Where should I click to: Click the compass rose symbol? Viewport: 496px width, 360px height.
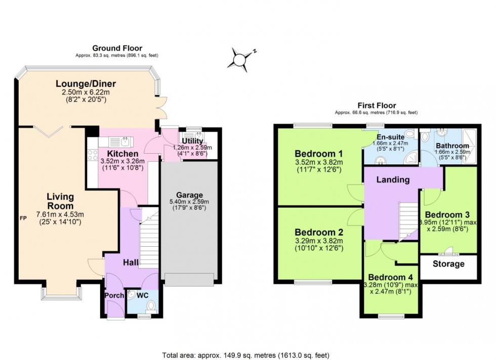point(240,59)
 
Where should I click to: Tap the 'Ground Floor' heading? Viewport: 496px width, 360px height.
point(117,48)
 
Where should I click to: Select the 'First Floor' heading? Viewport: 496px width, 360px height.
point(377,105)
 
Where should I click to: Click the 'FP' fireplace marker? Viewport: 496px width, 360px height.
point(23,218)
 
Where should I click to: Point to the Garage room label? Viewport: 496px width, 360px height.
point(189,195)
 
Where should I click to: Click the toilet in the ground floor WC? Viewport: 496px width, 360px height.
point(151,306)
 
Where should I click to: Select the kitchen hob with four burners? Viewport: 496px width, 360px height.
point(93,155)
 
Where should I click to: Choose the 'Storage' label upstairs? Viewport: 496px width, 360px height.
point(448,264)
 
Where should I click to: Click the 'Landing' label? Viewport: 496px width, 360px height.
point(393,179)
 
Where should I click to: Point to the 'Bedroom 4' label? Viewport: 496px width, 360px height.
point(390,277)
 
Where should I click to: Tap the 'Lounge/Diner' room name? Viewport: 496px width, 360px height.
point(86,84)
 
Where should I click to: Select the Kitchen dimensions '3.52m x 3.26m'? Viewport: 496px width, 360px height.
point(122,161)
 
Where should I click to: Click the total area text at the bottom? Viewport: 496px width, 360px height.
point(246,355)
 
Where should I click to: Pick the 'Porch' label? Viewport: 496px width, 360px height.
point(114,295)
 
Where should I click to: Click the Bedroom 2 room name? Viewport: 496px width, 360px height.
point(319,232)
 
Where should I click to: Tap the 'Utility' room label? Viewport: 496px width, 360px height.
point(192,141)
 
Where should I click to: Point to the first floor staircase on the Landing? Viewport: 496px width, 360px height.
point(408,221)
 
